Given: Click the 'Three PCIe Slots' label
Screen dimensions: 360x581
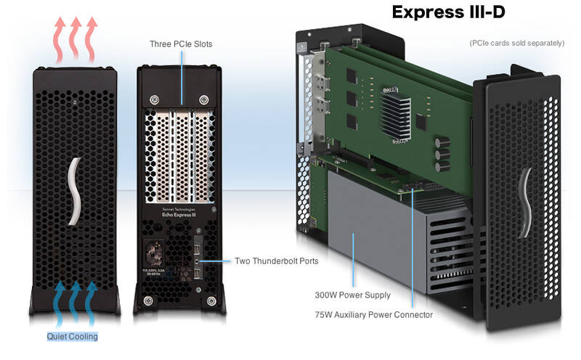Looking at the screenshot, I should (x=181, y=44).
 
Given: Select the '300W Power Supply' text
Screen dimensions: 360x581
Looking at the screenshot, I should (x=352, y=295).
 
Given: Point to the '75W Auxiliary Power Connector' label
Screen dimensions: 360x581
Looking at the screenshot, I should (x=374, y=315).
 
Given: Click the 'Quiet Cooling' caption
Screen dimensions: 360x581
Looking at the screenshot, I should (x=72, y=337).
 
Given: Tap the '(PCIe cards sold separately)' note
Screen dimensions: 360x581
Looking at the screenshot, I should (x=516, y=43).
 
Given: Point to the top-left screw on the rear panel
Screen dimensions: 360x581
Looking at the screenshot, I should (x=153, y=99).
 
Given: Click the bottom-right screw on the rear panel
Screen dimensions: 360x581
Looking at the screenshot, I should (x=211, y=300).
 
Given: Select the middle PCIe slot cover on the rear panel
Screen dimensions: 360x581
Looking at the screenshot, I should (x=182, y=156).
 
